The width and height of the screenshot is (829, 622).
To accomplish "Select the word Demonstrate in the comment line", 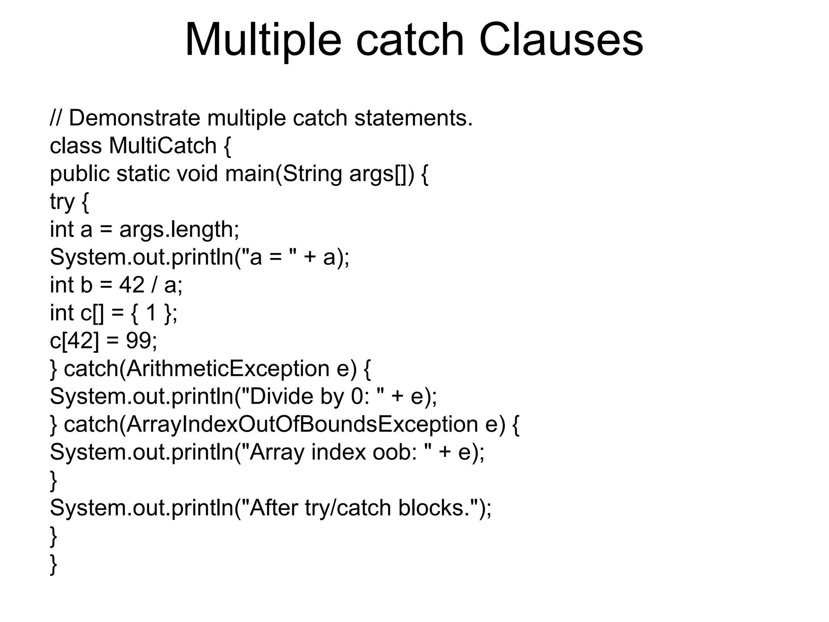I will (134, 118).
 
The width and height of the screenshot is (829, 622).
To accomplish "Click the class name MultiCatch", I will (163, 146).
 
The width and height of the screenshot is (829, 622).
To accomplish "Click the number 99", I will (139, 341).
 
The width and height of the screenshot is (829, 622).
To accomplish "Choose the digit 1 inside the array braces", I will (151, 313).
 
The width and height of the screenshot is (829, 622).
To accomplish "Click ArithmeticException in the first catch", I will (228, 369).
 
